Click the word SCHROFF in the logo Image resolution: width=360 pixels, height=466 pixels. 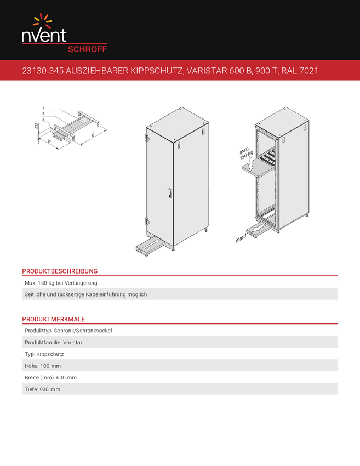87,49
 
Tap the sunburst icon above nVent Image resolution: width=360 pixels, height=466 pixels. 43,21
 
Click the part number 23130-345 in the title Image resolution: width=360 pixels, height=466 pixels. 43,71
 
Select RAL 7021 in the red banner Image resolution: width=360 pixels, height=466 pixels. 300,71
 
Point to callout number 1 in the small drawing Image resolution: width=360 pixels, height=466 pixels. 43,108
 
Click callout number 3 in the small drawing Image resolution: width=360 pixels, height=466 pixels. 43,119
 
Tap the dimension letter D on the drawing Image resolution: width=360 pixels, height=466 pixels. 93,135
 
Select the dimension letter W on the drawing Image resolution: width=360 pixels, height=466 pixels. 49,141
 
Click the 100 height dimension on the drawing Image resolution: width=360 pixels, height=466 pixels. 36,126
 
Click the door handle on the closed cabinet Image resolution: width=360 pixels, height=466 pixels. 170,193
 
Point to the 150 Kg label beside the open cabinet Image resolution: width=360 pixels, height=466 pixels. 246,155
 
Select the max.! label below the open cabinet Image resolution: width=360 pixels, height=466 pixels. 241,238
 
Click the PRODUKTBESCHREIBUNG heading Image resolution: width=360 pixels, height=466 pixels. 60,271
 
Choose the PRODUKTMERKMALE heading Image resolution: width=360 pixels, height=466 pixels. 54,319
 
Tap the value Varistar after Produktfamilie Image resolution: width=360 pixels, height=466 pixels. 72,342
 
